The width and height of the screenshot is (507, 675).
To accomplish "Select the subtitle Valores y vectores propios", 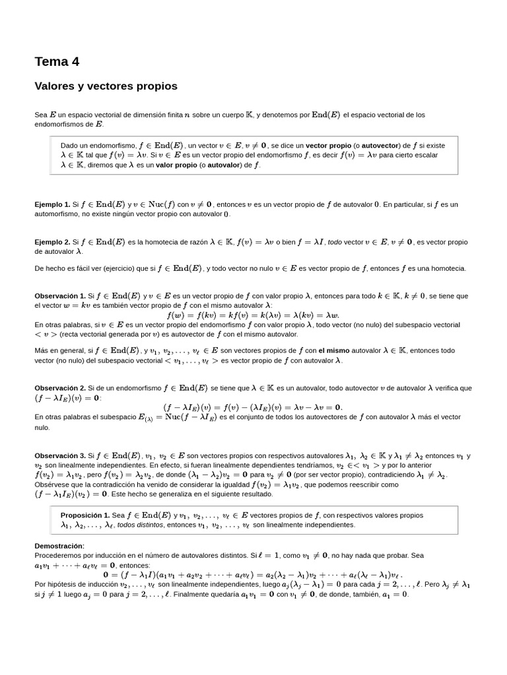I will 106,86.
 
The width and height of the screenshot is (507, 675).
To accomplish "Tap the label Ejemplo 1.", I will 52,205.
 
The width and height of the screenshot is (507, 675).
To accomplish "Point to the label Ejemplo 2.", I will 52,242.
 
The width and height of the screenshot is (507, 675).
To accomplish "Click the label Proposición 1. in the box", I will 85,515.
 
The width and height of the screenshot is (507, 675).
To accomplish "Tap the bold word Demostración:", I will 59,546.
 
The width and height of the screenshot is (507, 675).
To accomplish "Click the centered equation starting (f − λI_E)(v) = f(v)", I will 253,407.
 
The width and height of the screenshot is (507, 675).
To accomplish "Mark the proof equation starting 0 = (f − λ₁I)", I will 253,574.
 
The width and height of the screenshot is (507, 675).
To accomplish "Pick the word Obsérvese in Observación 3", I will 51,484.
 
